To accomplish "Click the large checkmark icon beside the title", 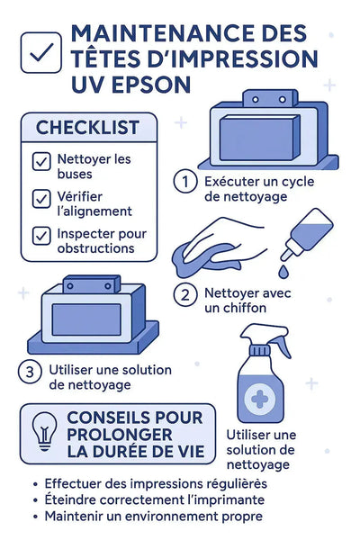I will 40,53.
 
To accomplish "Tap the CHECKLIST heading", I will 86,128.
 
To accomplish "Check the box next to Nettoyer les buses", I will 41,162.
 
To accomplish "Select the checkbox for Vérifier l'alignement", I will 41,198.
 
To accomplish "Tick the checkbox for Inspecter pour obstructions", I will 41,235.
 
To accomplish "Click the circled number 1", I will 184,181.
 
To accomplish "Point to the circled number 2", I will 184,294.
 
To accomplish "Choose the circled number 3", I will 31,371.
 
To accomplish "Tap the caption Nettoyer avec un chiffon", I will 247,301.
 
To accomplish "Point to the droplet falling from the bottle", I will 284,268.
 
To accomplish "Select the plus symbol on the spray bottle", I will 259,397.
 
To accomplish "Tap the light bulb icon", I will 43,432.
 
